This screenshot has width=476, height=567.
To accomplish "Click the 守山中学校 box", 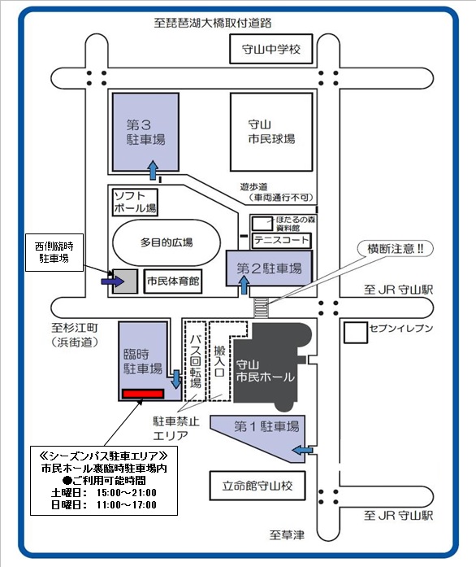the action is (x=271, y=49).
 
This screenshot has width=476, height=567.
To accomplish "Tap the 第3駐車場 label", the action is (x=145, y=133).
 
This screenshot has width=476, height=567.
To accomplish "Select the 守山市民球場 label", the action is (x=271, y=132).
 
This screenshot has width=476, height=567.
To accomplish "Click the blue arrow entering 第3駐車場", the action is (x=154, y=170).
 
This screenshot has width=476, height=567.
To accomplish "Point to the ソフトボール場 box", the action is (x=135, y=203).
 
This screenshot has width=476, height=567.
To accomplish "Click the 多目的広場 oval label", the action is (x=167, y=242).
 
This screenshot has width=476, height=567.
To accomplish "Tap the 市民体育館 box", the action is (x=173, y=281).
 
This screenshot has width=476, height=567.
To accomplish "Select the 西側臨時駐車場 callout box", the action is (x=54, y=252).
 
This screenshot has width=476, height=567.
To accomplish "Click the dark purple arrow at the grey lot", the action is (x=113, y=281).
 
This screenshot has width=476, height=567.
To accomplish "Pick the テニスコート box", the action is (x=281, y=241).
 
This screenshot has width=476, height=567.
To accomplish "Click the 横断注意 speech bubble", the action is (x=395, y=249).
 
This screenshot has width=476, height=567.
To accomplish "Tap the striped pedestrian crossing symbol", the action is (x=261, y=307).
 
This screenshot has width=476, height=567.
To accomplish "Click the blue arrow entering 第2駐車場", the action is (x=244, y=285).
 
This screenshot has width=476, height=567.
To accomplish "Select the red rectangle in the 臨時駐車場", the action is (x=143, y=394).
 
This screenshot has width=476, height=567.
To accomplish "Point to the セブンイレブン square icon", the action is (x=355, y=333).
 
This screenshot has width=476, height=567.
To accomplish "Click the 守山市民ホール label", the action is (x=265, y=371).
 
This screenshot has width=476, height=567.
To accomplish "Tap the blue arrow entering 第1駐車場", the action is (x=302, y=450).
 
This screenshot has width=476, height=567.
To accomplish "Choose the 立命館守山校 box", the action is (x=257, y=486).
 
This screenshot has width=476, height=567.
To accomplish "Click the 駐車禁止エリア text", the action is (x=176, y=428).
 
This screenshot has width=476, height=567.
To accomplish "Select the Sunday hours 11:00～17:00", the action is (x=127, y=505).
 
